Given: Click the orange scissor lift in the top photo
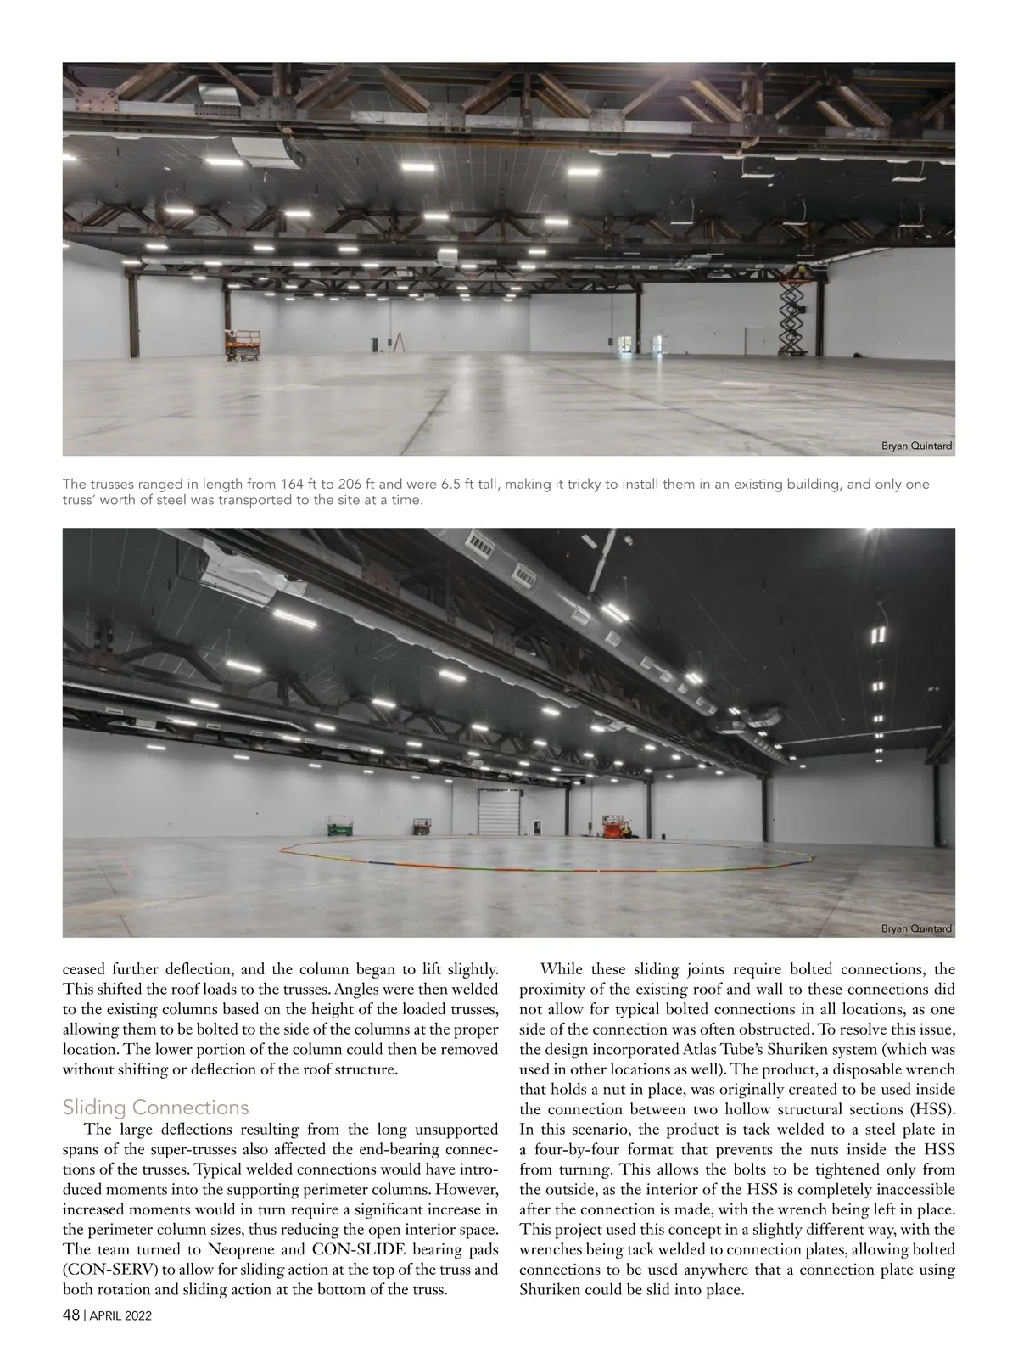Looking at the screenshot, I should coord(242,345).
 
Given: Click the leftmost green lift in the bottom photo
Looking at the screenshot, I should coord(341,826).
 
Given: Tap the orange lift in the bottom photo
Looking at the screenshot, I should coord(612,827).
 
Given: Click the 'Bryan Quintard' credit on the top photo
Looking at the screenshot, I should coord(917,446).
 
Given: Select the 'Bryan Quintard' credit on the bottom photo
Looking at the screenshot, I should coord(917,928).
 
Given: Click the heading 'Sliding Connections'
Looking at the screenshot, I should coord(156,1108).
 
